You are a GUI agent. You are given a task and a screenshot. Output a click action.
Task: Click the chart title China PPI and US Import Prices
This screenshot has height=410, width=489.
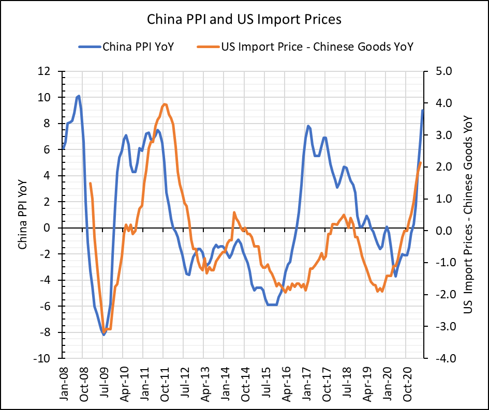click(244, 20)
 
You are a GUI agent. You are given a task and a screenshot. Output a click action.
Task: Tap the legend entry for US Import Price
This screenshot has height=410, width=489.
click(317, 47)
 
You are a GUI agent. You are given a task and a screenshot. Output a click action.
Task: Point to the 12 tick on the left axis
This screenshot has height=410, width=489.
click(50, 71)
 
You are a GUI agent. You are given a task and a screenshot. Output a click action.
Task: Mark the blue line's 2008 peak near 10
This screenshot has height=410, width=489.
click(78, 96)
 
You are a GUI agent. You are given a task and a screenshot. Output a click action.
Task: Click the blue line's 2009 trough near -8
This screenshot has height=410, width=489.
click(104, 335)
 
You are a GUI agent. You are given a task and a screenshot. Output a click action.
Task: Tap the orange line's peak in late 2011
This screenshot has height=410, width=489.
click(165, 104)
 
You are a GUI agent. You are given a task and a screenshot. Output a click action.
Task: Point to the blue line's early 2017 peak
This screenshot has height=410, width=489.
click(308, 126)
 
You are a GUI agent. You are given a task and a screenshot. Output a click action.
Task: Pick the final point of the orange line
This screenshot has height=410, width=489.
click(420, 163)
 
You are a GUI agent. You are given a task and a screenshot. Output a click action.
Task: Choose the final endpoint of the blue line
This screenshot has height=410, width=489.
click(423, 110)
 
